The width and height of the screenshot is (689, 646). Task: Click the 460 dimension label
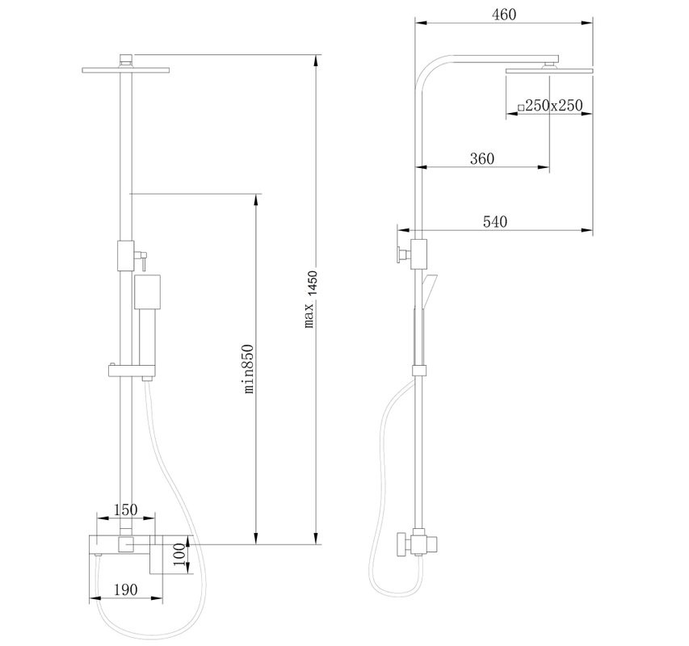pyautogui.click(x=502, y=15)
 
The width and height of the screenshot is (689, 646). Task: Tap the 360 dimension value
pyautogui.click(x=481, y=158)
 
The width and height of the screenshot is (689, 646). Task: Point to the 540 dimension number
pyautogui.click(x=494, y=222)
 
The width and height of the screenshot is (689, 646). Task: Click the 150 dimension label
pyautogui.click(x=124, y=510)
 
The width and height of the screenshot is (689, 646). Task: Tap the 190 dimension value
pyautogui.click(x=124, y=589)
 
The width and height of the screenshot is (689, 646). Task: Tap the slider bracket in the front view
pyautogui.click(x=129, y=371)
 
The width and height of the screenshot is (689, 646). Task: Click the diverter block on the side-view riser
pyautogui.click(x=418, y=252)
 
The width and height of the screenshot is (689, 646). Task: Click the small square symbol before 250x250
pyautogui.click(x=522, y=107)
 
